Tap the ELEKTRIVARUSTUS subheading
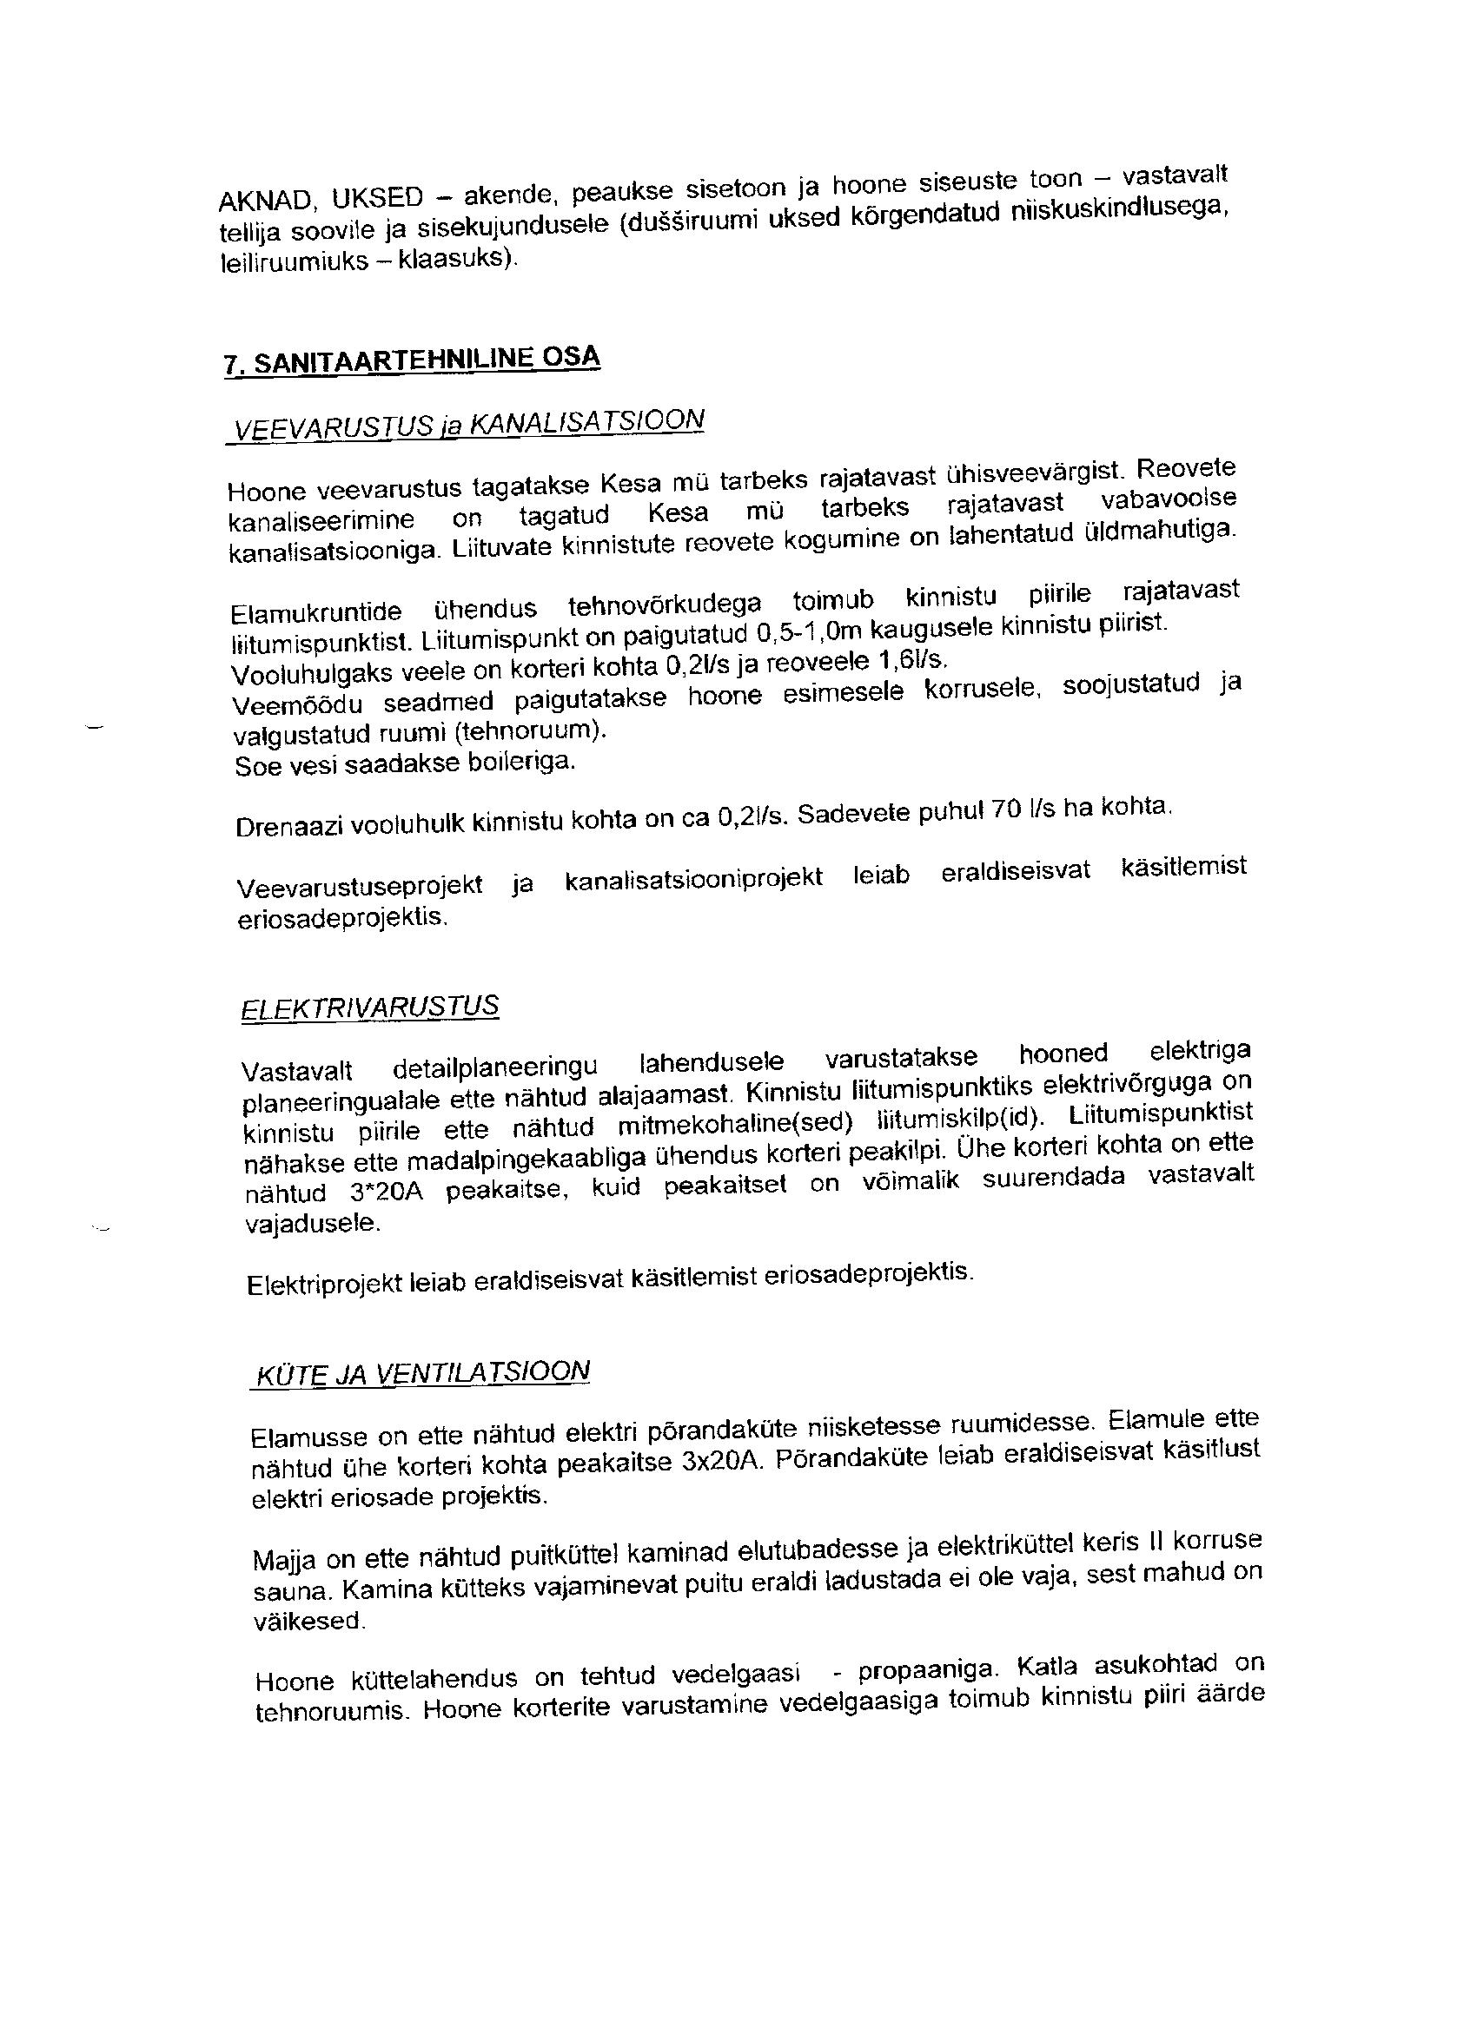point(370,1008)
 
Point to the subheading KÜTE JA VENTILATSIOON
point(422,1375)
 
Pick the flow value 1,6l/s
point(911,660)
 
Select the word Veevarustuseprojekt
point(360,886)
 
